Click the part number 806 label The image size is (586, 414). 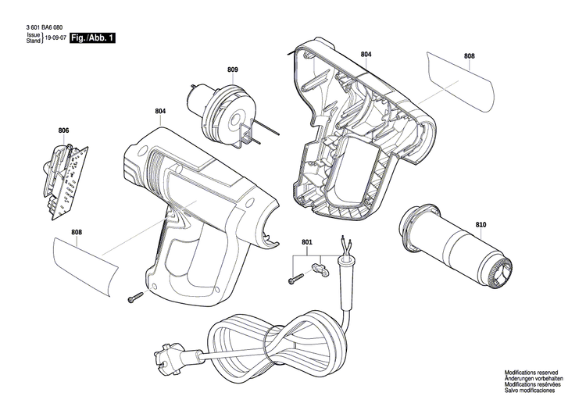[63, 130]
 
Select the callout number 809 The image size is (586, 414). [233, 70]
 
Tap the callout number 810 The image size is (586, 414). [481, 225]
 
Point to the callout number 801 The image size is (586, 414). [306, 242]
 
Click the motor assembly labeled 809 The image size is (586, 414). [222, 109]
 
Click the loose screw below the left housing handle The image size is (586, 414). [136, 296]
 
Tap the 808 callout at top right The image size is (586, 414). [469, 56]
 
